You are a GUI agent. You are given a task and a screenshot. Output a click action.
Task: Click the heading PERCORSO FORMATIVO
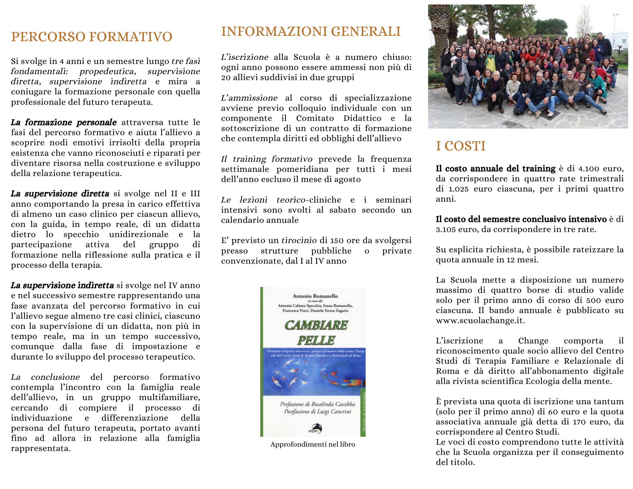(x=91, y=37)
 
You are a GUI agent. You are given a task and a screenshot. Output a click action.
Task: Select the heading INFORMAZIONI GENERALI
(x=311, y=32)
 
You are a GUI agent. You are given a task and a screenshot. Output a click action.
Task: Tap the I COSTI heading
(x=461, y=146)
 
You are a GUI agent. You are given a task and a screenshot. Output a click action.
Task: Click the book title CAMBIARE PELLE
(x=316, y=333)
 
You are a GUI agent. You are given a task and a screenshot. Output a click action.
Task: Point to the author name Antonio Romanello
(x=315, y=296)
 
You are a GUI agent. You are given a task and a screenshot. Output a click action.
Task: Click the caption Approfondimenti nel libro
(x=313, y=444)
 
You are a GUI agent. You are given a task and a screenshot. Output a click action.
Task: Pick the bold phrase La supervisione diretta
(x=60, y=194)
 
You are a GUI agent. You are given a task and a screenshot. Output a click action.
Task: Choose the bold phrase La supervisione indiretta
(x=62, y=285)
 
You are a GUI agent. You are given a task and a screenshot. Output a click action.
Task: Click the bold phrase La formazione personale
(x=64, y=122)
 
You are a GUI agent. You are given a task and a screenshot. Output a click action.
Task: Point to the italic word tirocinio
(x=299, y=241)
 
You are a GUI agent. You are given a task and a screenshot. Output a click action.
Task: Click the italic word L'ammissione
(x=249, y=98)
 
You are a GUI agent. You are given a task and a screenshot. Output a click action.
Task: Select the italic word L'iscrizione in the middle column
(x=245, y=57)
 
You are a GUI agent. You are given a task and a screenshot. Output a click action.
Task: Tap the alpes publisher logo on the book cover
(x=315, y=429)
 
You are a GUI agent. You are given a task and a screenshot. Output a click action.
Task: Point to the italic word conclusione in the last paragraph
(x=55, y=377)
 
